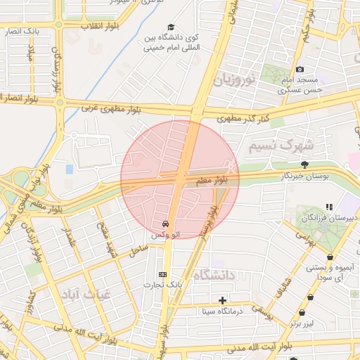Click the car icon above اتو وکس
[165, 224]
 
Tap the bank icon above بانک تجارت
[164, 274]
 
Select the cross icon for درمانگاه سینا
[223, 300]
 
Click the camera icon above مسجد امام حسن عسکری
[300, 70]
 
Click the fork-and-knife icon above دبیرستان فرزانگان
[328, 207]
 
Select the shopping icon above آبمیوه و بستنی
[330, 257]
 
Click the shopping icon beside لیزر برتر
[302, 312]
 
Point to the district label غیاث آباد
[84, 292]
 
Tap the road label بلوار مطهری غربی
[108, 109]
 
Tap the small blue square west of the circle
[70, 169]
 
